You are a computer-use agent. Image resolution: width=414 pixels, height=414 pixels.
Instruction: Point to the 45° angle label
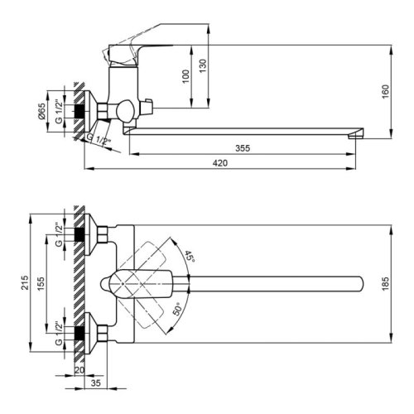191,257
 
